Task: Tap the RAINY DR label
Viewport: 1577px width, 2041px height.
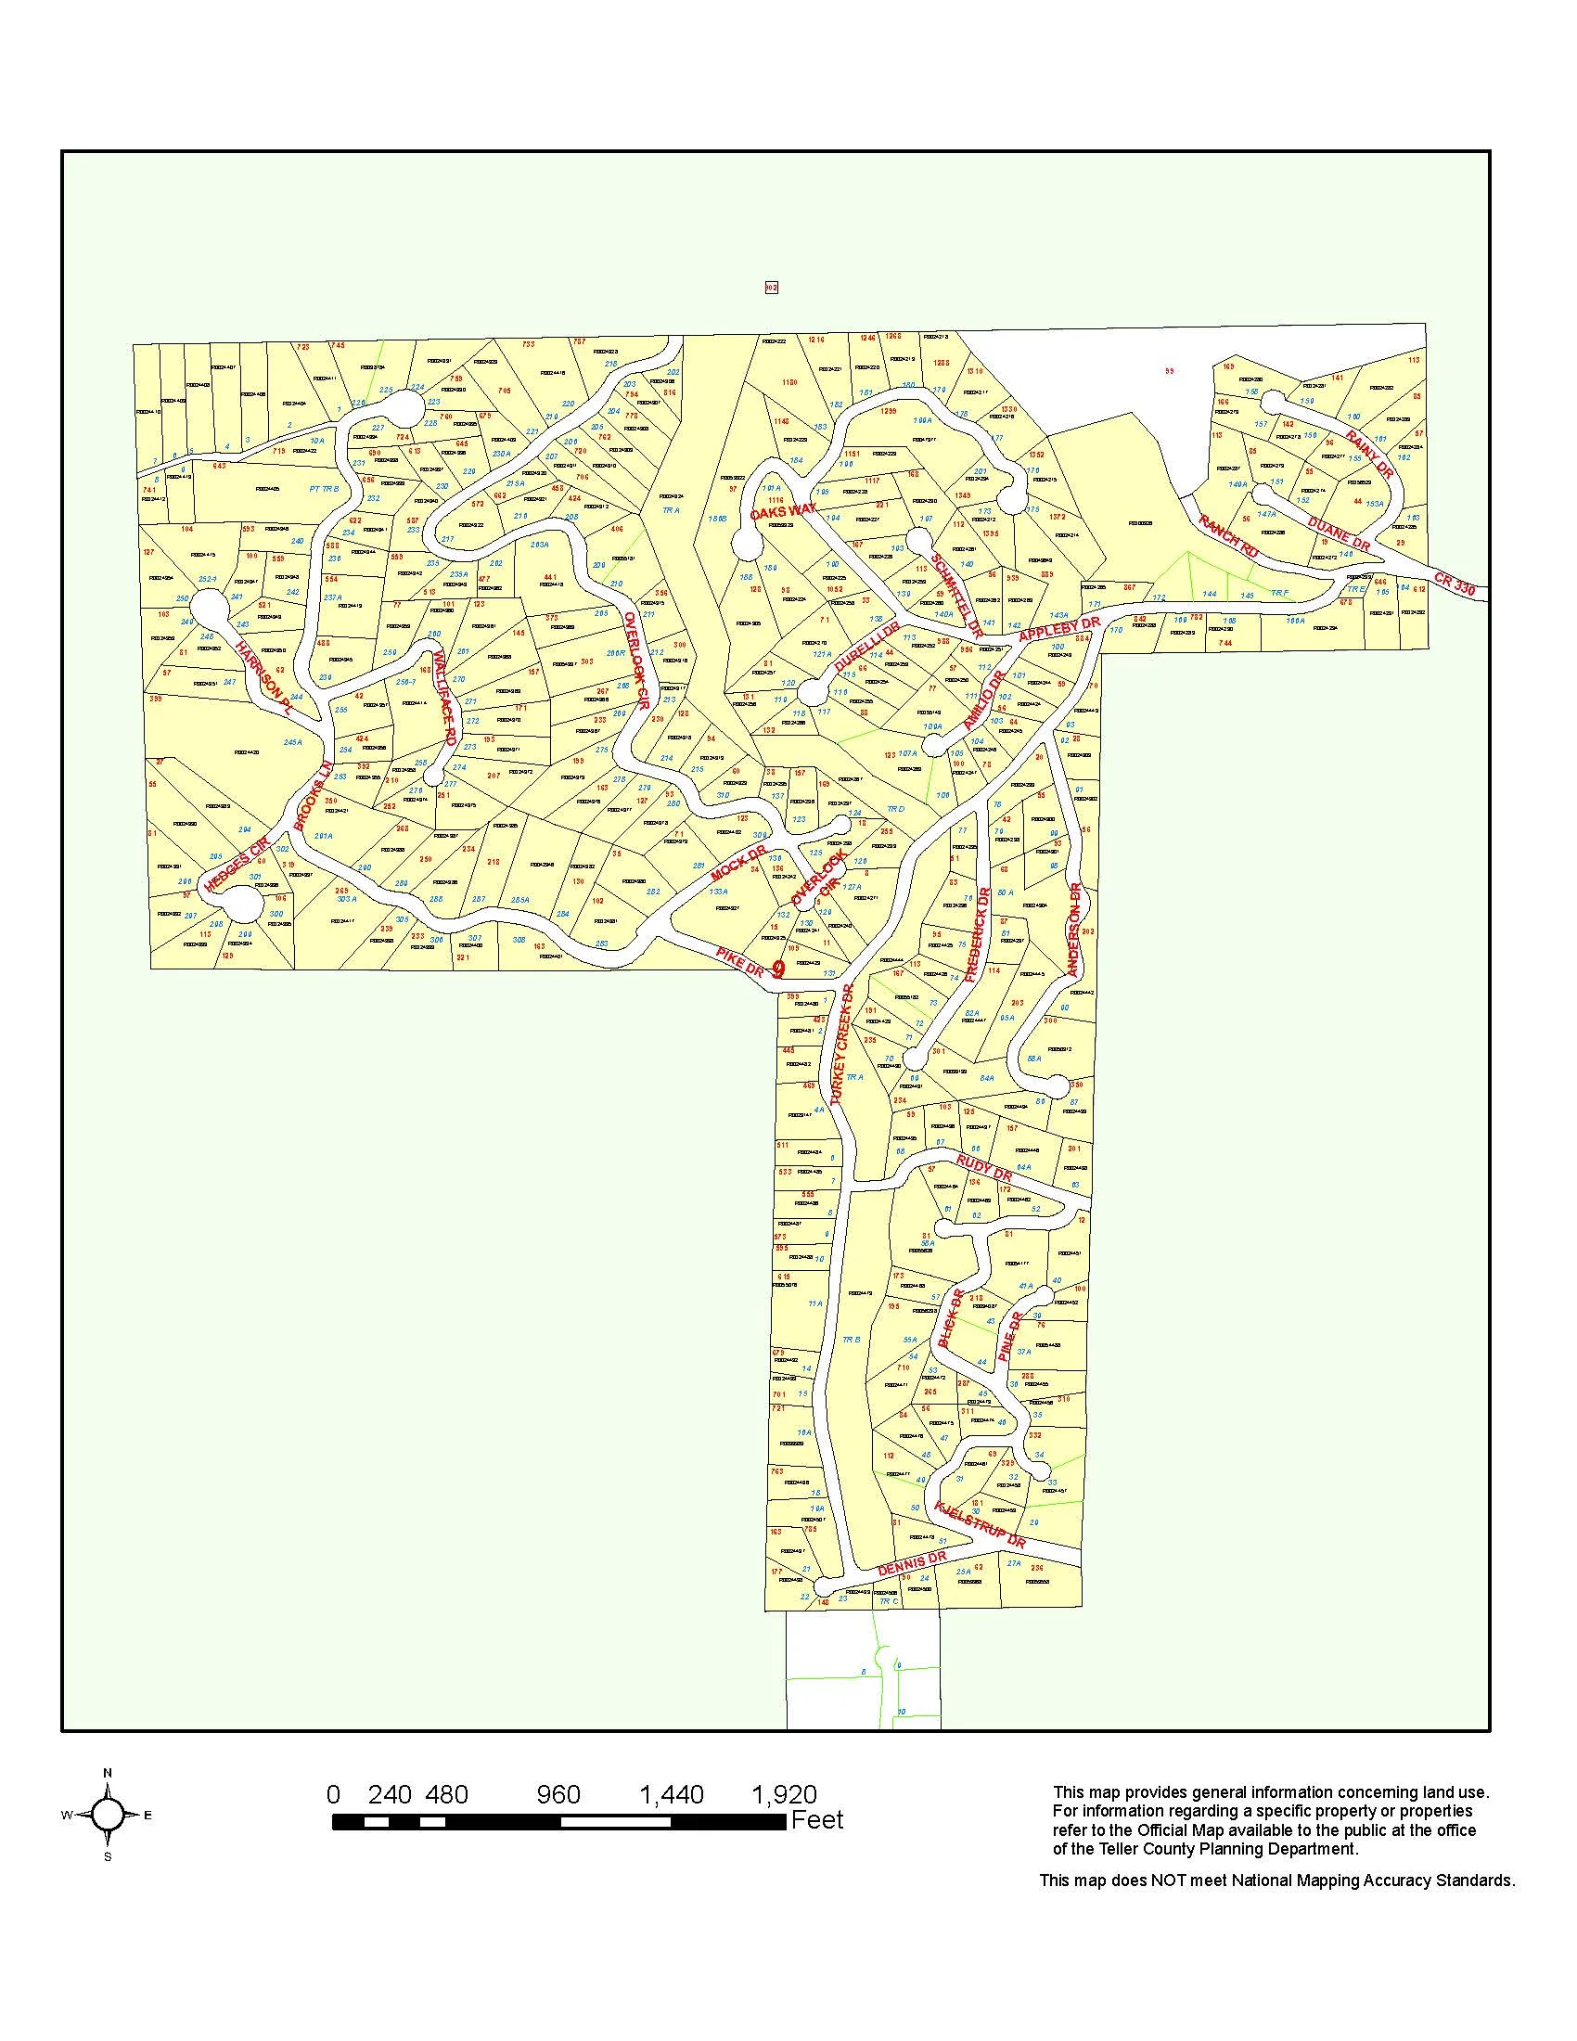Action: [1368, 456]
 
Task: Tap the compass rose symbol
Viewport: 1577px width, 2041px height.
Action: [108, 1815]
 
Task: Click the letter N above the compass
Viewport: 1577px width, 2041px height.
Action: [108, 1773]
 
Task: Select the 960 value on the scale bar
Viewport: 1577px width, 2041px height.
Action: [558, 1795]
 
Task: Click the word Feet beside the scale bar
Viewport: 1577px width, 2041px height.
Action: [816, 1819]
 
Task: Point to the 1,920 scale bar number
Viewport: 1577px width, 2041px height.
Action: [784, 1795]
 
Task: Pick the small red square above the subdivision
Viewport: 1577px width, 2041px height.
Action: [771, 288]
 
